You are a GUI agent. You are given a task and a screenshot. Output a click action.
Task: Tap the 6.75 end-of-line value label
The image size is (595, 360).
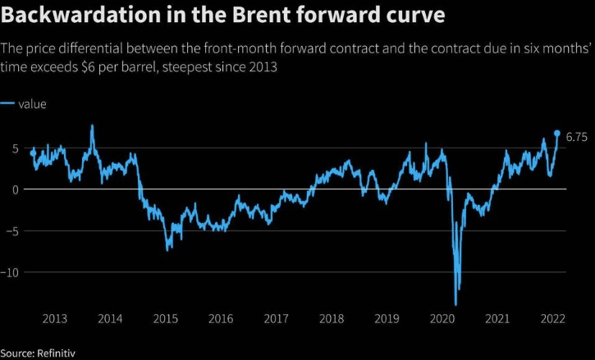(x=577, y=134)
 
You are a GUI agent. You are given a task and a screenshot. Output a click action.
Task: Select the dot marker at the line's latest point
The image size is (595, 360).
(x=557, y=133)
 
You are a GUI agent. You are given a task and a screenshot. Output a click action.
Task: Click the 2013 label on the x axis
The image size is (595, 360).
(x=54, y=319)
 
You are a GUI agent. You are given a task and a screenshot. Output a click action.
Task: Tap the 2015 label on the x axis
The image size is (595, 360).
(x=165, y=319)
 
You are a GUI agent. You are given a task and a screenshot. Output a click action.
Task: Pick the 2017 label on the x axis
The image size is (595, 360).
(x=276, y=319)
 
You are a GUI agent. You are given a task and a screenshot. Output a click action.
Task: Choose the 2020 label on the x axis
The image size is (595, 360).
(x=442, y=319)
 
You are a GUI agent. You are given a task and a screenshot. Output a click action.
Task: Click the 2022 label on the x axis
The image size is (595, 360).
(x=553, y=319)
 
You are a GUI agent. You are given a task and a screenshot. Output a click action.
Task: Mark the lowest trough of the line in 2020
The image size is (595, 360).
(x=455, y=305)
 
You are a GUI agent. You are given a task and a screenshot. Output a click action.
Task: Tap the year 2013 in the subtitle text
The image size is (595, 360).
(x=262, y=66)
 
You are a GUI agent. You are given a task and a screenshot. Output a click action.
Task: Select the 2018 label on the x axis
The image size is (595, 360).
(x=332, y=319)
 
